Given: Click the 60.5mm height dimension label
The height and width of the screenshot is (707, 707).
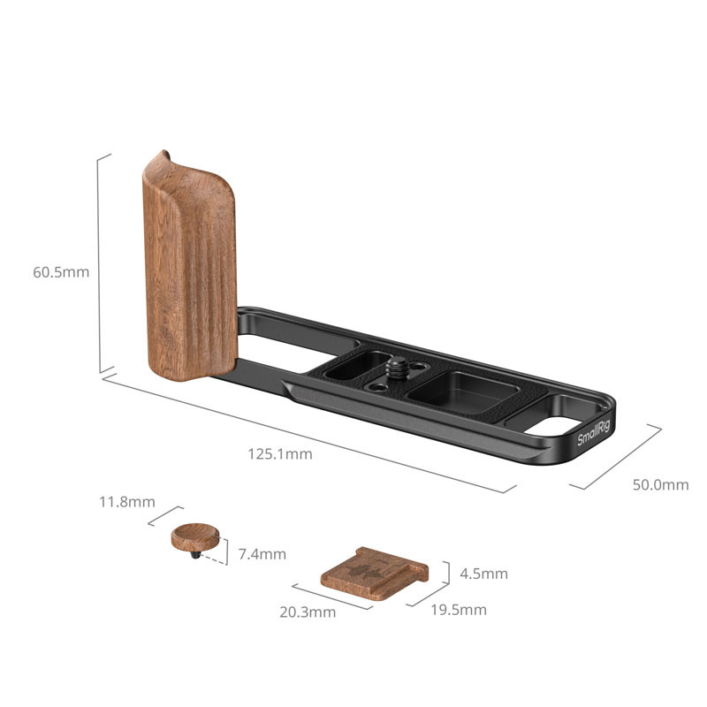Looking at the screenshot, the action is (x=61, y=272).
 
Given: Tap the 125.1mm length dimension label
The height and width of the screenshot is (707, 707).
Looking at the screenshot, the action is (x=280, y=453).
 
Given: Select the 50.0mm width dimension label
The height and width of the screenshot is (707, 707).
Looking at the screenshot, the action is (x=660, y=484).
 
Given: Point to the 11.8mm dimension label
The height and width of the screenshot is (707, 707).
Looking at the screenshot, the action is (x=127, y=502).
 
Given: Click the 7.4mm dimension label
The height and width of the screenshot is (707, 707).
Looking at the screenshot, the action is (x=262, y=554).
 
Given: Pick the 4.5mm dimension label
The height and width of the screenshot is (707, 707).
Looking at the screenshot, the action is (x=483, y=574).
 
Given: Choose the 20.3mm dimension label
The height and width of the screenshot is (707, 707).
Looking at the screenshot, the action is (x=308, y=612).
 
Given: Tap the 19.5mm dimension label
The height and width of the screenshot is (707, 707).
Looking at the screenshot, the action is (x=459, y=610).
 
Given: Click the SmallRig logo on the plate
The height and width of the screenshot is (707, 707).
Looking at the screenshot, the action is (x=593, y=432).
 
